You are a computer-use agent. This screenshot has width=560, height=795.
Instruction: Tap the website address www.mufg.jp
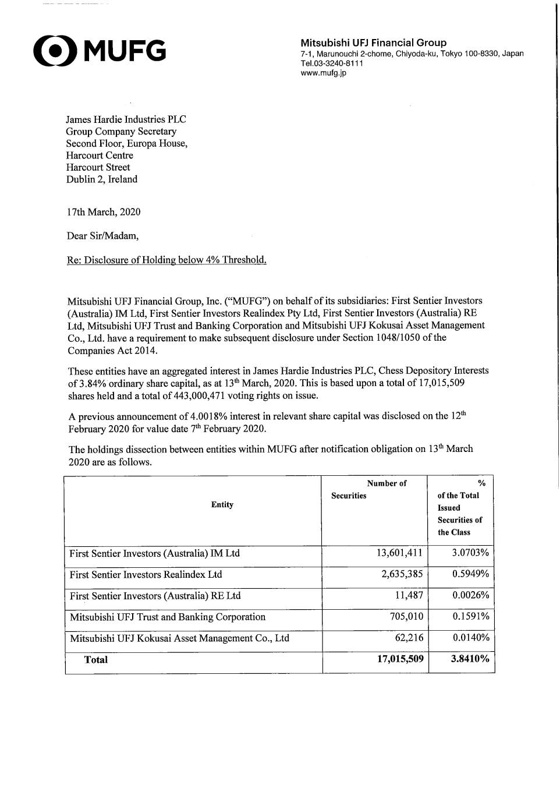tap(323, 73)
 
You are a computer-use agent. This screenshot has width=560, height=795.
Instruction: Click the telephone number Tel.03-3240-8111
tap(332, 63)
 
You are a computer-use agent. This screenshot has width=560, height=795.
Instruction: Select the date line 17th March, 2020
tap(104, 212)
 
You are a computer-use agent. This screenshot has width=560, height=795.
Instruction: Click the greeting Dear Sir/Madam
tap(103, 236)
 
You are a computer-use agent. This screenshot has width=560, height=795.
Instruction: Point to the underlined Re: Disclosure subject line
tap(166, 260)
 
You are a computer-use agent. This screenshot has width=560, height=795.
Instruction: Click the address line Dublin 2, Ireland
tap(102, 179)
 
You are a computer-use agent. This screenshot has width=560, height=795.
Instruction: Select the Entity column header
tap(222, 505)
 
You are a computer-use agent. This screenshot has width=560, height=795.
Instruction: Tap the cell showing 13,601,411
tap(400, 553)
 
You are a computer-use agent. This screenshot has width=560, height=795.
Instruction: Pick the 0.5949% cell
tap(470, 574)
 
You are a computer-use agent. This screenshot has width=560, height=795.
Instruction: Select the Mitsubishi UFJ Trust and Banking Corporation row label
tap(168, 617)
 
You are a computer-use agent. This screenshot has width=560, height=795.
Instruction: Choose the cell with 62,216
tap(409, 638)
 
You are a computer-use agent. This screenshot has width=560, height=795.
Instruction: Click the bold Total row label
tap(96, 659)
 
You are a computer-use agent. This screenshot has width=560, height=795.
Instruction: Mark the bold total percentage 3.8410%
tap(470, 659)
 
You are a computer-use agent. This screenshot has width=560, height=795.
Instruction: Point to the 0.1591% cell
tap(471, 616)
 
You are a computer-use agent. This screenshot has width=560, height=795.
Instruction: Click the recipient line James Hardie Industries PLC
tap(126, 119)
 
